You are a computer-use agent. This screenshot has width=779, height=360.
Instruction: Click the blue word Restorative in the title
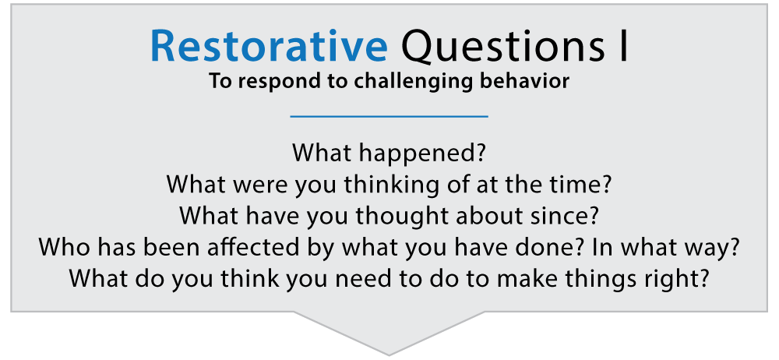click(x=268, y=48)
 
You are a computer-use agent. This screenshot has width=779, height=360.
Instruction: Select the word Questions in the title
click(x=495, y=48)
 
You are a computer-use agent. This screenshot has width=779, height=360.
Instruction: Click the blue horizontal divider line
click(x=389, y=117)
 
